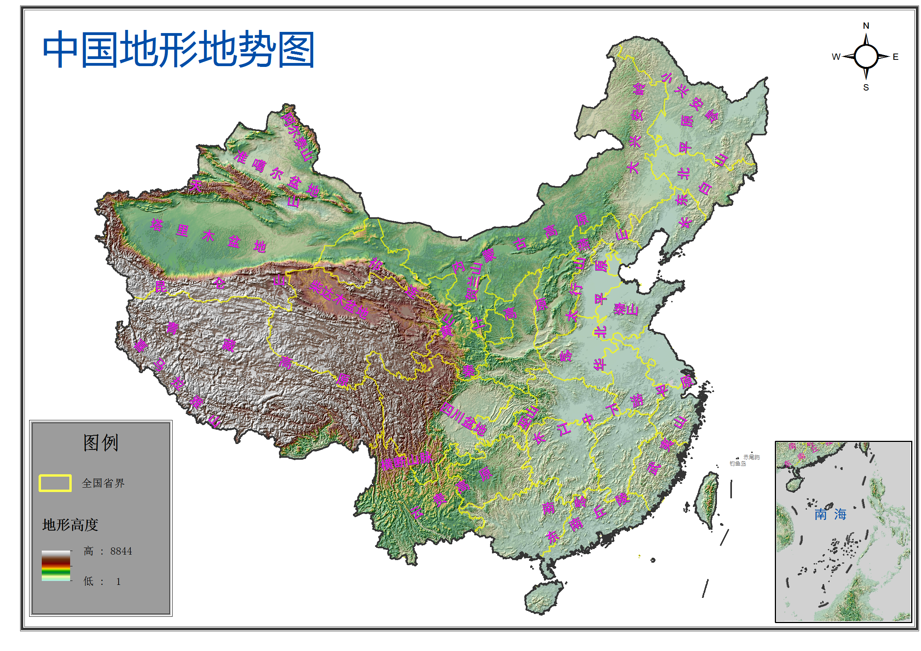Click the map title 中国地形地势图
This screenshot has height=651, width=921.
tap(178, 50)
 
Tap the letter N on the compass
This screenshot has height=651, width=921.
tap(865, 26)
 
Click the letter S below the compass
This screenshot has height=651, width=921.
tap(865, 87)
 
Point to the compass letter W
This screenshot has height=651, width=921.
tap(836, 57)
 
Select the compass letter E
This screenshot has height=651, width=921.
tap(895, 57)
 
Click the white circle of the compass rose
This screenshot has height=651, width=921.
tap(865, 57)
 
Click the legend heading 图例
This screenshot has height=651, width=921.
tap(101, 443)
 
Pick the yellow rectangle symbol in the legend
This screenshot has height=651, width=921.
tap(55, 483)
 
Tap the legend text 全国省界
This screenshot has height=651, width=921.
tap(103, 483)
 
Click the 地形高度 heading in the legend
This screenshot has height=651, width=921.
tap(70, 525)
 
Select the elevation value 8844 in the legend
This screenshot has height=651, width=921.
tap(121, 551)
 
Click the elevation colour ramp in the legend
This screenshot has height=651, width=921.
tap(56, 565)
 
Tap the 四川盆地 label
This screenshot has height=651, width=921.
tap(463, 419)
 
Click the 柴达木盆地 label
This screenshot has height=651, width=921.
tap(339, 299)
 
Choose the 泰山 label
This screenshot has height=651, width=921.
tap(626, 309)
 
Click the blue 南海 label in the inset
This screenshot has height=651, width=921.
tap(830, 514)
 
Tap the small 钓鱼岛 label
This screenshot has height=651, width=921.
tap(737, 464)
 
